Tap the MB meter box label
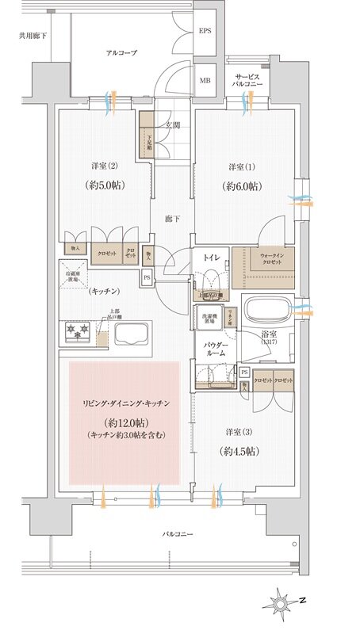click(x=205, y=80)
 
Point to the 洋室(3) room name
click(x=237, y=432)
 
